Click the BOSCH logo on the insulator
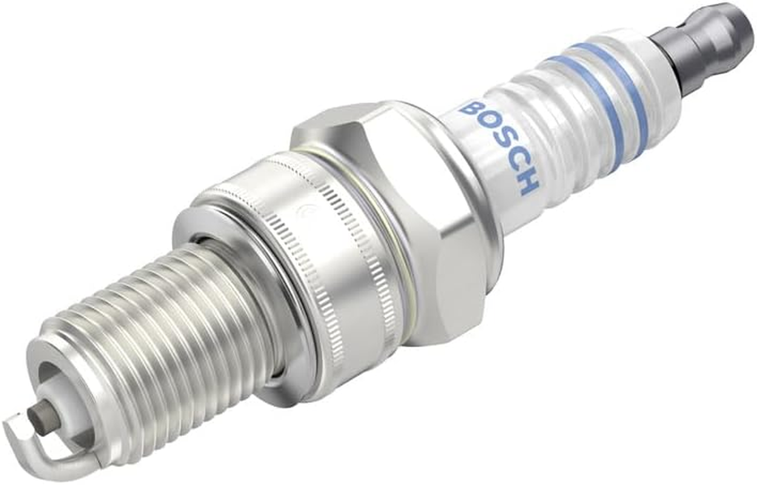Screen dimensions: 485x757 (x=498, y=146)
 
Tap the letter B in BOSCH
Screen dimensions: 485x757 (x=468, y=109)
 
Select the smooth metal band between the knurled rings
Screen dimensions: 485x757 (x=327, y=255)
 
